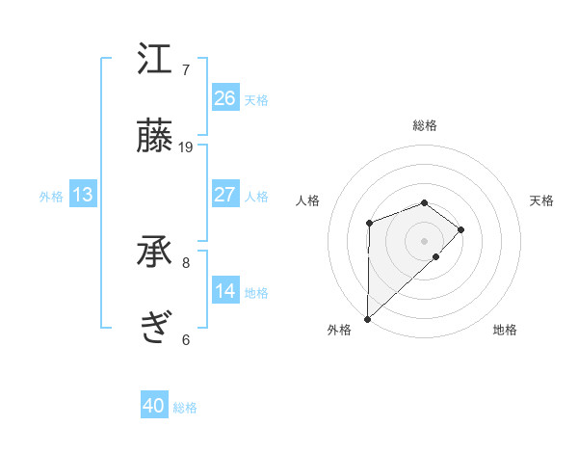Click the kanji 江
(x=155, y=60)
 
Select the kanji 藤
(x=155, y=137)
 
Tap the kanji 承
(x=155, y=253)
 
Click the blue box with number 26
(x=225, y=98)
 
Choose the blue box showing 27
(x=225, y=195)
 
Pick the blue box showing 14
(x=225, y=291)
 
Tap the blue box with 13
(x=83, y=195)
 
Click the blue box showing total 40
(x=154, y=406)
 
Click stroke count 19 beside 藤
(x=186, y=147)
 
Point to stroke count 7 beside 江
(x=186, y=70)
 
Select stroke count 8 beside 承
(x=186, y=262)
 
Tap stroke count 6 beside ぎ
(x=186, y=339)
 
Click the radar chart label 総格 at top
(x=425, y=125)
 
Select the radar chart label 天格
(x=541, y=200)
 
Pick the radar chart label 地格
(x=505, y=330)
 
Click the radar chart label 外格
(x=339, y=330)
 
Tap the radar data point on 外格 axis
(x=368, y=318)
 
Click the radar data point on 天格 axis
(x=461, y=229)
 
